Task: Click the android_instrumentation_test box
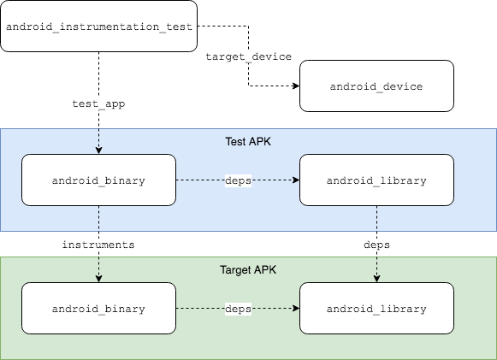pos(98,27)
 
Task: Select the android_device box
pos(376,86)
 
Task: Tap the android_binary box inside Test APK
pos(98,180)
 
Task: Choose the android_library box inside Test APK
pos(376,180)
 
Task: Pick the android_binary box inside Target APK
pos(98,308)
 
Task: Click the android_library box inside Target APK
pos(376,308)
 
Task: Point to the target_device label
pos(248,56)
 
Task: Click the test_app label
pos(98,103)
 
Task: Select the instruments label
pos(98,245)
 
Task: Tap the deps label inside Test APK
pos(238,180)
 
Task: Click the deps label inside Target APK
pos(238,308)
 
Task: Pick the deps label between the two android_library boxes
pos(376,245)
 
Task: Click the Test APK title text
pos(248,141)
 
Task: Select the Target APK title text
pos(248,269)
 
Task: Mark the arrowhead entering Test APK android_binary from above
pos(98,150)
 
